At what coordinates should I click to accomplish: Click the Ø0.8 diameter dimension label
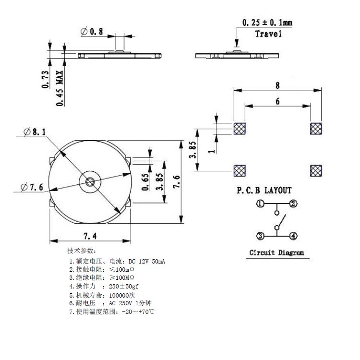click(x=93, y=31)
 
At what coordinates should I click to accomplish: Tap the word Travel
click(x=268, y=34)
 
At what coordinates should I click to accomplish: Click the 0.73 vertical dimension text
click(x=46, y=80)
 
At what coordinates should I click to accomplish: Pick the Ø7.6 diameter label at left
click(x=33, y=187)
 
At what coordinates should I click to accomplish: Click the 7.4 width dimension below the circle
click(x=90, y=235)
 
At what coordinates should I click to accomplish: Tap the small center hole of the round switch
click(x=90, y=181)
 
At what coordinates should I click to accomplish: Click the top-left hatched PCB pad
click(x=239, y=128)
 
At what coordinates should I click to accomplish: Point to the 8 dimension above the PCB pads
click(x=277, y=85)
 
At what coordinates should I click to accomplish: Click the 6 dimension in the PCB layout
click(x=277, y=102)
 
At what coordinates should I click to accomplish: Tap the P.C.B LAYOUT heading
click(x=264, y=191)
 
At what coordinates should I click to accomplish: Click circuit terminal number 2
click(x=292, y=204)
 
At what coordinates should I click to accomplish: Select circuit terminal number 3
click(x=260, y=236)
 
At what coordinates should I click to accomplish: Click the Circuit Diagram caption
click(x=276, y=252)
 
